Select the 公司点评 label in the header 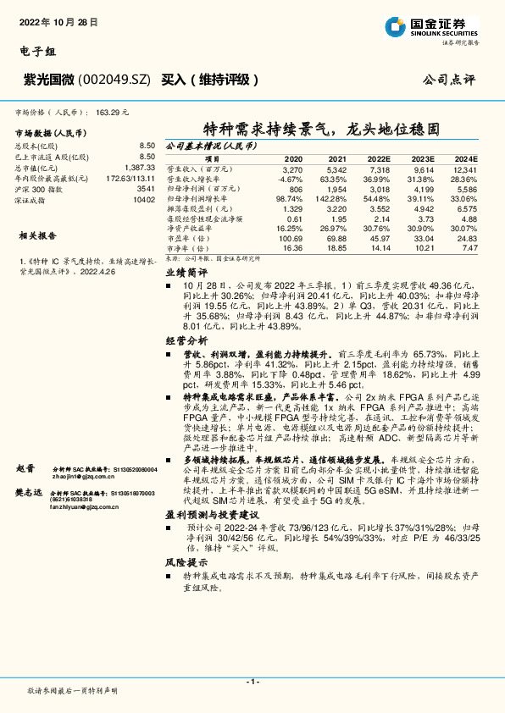[x=448, y=79]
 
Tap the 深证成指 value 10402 [x=143, y=200]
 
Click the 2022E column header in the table [x=379, y=159]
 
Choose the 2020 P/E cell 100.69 [x=291, y=238]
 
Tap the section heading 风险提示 [x=186, y=561]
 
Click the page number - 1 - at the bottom [x=252, y=682]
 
